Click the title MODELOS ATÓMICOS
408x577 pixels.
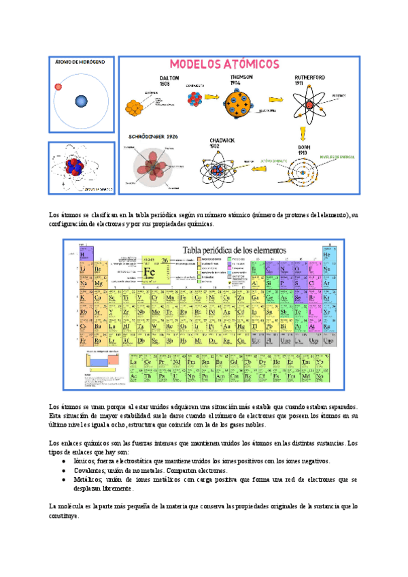tap(224, 64)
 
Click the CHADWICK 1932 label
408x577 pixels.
tap(223, 143)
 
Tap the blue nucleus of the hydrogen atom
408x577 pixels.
tap(82, 101)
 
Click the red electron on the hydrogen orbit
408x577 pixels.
tap(58, 86)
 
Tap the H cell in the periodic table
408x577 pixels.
tap(83, 255)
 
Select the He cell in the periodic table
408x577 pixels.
tap(326, 255)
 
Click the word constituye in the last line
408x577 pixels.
tap(65, 516)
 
